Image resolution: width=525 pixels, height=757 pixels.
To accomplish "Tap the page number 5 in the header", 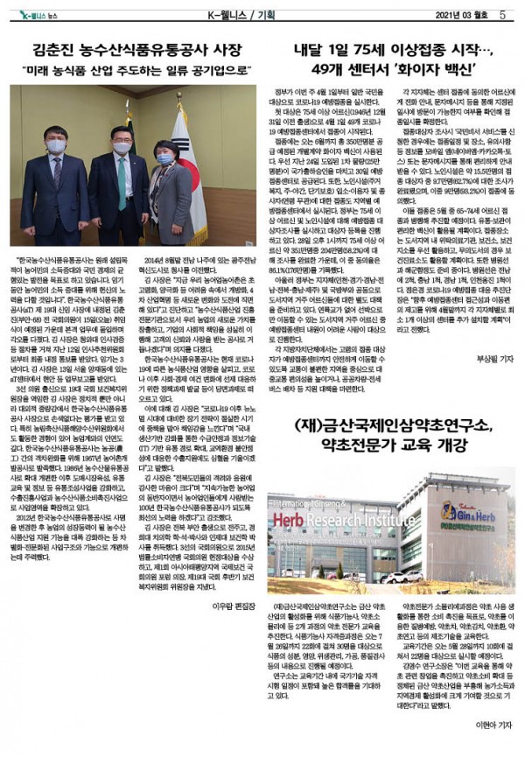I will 504,13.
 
